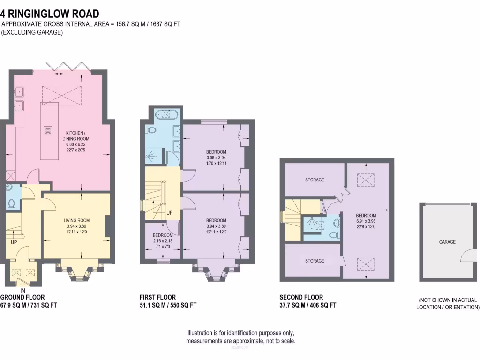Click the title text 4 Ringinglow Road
pos(50,14)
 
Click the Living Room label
pos(76,220)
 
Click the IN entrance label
pos(22,290)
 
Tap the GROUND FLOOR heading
pos(22,297)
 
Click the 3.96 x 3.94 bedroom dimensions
pos(216,157)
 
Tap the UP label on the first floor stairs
pos(169,213)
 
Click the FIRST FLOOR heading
pos(157,297)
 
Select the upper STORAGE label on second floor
pos(314,180)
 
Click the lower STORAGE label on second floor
pos(314,261)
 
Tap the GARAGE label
pos(447,242)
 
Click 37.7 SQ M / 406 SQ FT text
pos(307,305)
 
